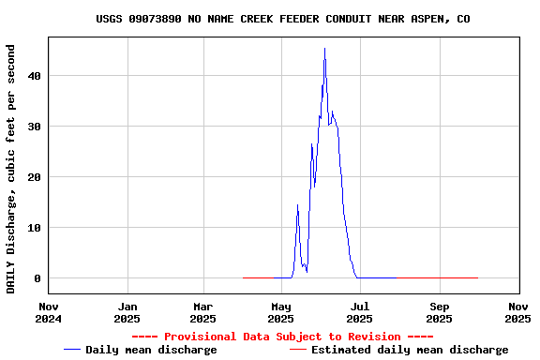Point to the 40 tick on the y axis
35,76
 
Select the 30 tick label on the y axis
35,127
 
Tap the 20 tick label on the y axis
35,177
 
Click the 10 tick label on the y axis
35,228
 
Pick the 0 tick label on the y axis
38,278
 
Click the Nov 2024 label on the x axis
49,312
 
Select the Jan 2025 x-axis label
127,312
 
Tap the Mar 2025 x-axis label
203,312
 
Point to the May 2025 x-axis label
281,312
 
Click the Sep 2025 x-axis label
439,312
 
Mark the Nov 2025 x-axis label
517,312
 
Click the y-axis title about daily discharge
11,168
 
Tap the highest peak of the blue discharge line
324,49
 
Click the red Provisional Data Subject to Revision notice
282,337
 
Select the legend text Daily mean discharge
151,350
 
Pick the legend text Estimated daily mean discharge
410,350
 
